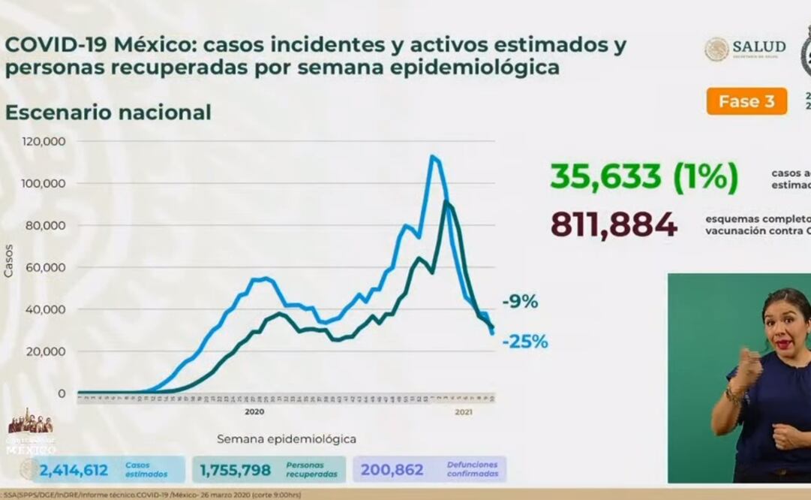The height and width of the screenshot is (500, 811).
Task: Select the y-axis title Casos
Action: tap(9, 261)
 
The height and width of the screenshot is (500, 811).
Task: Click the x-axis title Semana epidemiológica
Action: tap(287, 439)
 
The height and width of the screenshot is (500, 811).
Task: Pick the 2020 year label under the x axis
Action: tap(256, 411)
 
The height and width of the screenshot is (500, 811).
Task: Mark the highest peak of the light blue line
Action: tap(432, 156)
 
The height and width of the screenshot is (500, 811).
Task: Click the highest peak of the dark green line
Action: tap(446, 201)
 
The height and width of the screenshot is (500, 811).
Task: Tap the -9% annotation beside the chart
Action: tap(520, 302)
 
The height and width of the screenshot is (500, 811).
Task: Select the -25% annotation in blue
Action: tap(525, 342)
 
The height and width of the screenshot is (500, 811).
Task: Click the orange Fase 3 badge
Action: tap(746, 101)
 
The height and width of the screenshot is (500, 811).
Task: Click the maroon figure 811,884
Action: tap(614, 224)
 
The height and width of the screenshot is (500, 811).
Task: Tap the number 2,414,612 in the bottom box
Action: tap(74, 471)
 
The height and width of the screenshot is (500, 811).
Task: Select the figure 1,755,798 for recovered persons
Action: tap(235, 471)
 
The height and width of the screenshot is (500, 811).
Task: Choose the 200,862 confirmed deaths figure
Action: tap(392, 471)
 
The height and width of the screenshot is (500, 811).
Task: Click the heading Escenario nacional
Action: tap(108, 113)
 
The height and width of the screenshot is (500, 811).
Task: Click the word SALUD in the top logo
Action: tap(759, 47)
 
